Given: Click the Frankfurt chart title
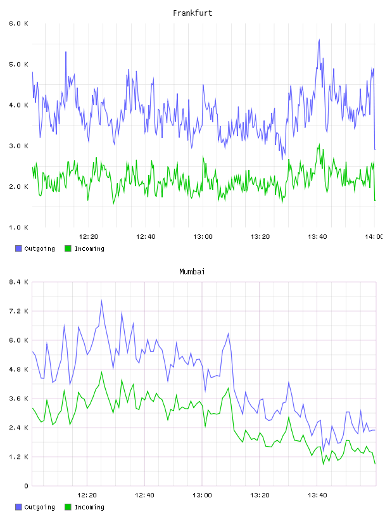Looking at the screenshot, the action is pos(192,13).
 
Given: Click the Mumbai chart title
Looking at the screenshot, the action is pos(192,271).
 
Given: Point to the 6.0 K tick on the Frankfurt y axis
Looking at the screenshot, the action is pos(18,23).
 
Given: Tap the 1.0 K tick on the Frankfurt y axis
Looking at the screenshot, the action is pos(18,227).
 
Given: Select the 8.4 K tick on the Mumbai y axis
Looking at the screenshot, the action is pos(18,282).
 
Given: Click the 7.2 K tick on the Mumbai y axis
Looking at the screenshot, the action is pos(18,311).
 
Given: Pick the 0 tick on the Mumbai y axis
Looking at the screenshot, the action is pos(26,486).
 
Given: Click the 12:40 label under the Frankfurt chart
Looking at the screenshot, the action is pos(146,236).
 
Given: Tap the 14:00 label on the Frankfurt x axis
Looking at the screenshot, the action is pos(374,236).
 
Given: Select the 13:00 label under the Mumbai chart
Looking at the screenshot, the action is pos(202,495).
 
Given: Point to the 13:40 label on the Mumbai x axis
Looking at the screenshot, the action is pos(317,495).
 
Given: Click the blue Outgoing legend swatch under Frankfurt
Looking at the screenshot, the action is pos(18,248).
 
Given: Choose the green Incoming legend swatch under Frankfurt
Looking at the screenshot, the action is pos(68,248).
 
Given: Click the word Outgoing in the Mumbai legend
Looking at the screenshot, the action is pos(39,507).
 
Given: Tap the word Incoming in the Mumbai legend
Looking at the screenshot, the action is pos(89,507).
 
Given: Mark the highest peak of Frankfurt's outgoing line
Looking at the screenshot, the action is pos(319,40).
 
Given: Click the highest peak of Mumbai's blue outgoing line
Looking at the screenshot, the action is pos(101,300).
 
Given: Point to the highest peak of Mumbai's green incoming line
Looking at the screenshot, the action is pos(101,372).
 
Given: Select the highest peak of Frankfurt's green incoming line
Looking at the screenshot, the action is pos(319,144).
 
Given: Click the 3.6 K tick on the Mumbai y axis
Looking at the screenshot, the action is pos(18,399).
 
